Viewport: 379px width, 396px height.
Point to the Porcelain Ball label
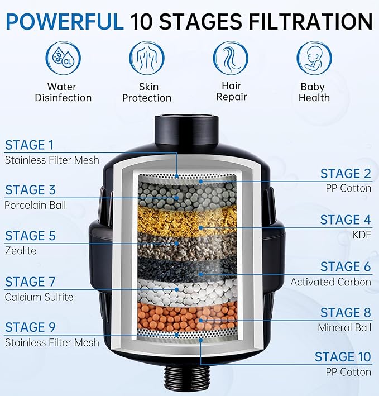tap(35, 205)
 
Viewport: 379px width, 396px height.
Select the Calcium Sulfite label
tap(40, 297)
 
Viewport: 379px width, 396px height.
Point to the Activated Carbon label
tap(330, 282)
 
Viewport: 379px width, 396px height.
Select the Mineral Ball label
tap(344, 327)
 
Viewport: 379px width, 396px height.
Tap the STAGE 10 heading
tap(342, 357)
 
